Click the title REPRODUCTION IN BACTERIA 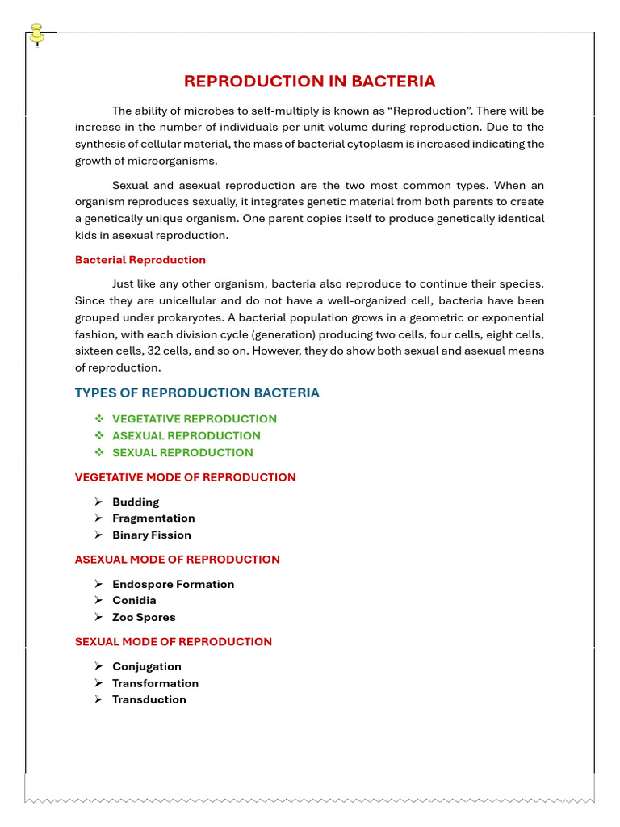click(x=309, y=82)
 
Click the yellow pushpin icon click(x=36, y=35)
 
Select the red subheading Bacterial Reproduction click(x=140, y=260)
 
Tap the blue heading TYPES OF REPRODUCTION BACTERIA click(x=197, y=393)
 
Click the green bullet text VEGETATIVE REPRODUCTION click(x=194, y=419)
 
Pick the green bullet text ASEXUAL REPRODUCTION click(x=186, y=436)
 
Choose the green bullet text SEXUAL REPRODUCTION click(x=182, y=453)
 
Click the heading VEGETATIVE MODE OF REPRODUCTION click(x=185, y=477)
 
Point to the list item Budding click(x=136, y=502)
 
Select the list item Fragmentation click(x=153, y=518)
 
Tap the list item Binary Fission click(x=152, y=535)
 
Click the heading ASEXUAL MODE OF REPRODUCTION click(x=177, y=560)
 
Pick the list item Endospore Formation click(x=173, y=585)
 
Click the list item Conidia click(x=134, y=601)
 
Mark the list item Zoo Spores click(x=144, y=618)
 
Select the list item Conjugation click(x=146, y=667)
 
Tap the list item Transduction click(x=149, y=700)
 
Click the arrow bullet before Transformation click(x=98, y=683)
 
